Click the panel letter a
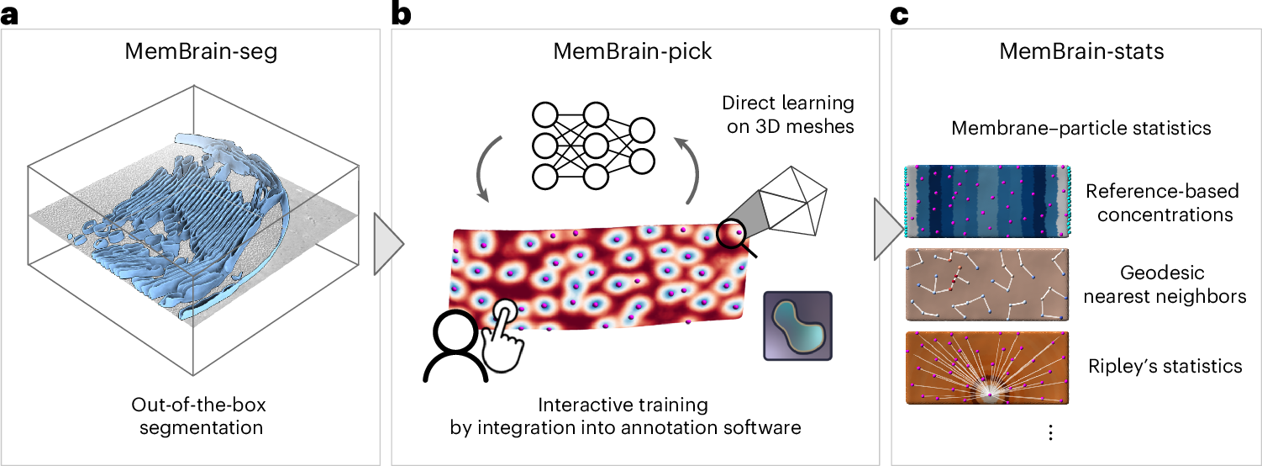coord(9,14)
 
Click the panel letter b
coord(401,13)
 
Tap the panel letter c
coord(899,14)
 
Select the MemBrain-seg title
coord(201,51)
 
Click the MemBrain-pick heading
coord(632,51)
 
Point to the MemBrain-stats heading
coord(1081,51)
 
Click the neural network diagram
coord(593,146)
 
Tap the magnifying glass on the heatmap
coord(735,237)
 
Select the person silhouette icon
coord(455,347)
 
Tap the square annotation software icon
coord(797,326)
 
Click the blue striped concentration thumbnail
coord(987,201)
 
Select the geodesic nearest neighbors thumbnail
coord(987,284)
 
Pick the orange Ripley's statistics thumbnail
coord(987,368)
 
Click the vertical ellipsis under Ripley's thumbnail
coord(1051,432)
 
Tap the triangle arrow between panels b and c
coord(888,229)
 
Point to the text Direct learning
coord(787,103)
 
